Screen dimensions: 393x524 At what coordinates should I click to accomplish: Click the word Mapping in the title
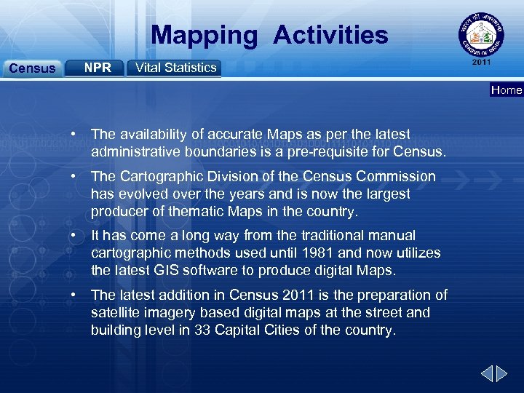click(x=205, y=35)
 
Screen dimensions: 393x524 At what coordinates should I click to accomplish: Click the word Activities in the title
click(x=331, y=35)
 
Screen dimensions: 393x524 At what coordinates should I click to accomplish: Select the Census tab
click(x=31, y=68)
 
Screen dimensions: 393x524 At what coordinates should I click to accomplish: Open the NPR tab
click(x=98, y=68)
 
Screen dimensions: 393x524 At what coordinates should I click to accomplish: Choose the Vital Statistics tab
click(x=175, y=68)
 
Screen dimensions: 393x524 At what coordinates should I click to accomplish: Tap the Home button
click(x=507, y=90)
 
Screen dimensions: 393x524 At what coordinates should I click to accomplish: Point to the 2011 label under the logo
click(x=481, y=63)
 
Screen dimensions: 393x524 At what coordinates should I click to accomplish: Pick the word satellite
click(x=115, y=312)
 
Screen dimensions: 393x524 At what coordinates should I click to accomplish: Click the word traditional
click(x=307, y=236)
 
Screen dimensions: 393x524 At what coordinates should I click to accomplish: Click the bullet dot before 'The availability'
click(x=74, y=135)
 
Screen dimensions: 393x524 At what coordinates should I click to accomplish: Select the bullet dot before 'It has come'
click(x=74, y=236)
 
